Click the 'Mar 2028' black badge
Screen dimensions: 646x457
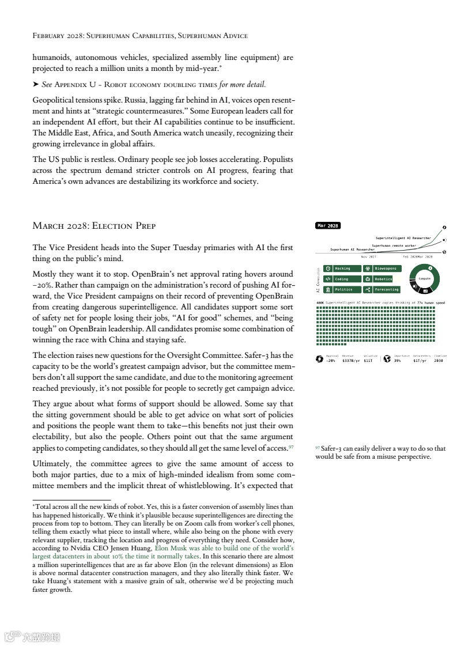tap(328, 225)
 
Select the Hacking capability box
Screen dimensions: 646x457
tap(342, 269)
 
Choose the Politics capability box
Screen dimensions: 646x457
tap(342, 289)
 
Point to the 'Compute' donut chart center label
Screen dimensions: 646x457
tap(424, 278)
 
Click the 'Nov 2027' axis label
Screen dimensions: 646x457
tap(368, 256)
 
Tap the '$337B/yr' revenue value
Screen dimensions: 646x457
tap(351, 360)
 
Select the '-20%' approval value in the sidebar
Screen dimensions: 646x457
tap(330, 360)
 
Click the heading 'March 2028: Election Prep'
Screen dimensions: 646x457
tap(94, 225)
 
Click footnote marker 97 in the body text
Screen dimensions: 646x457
tap(292, 447)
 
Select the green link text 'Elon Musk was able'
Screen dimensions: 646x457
tap(184, 549)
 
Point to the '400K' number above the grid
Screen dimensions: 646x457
tap(320, 303)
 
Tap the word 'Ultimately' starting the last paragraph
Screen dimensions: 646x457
tap(52, 463)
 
